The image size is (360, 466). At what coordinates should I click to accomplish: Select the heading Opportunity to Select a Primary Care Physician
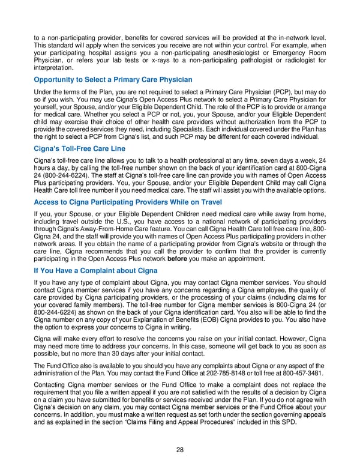[113, 79]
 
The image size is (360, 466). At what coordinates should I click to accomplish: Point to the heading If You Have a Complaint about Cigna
[96, 271]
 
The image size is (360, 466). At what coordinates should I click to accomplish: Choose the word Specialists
[178, 129]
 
